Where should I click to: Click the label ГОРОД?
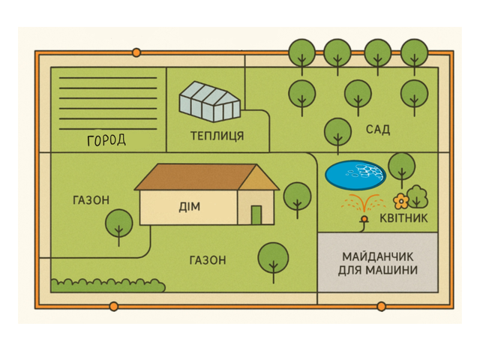click(106, 140)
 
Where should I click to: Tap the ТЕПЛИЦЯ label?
click(217, 136)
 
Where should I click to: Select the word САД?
click(378, 130)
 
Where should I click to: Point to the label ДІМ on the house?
click(190, 206)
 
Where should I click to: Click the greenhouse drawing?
click(209, 101)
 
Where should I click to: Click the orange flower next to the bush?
click(400, 201)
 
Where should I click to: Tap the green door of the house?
click(256, 214)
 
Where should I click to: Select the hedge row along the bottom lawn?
click(107, 285)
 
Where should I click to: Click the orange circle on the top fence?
click(136, 52)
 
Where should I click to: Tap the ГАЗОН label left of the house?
click(91, 200)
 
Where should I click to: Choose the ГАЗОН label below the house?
click(207, 260)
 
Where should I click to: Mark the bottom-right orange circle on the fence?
click(381, 306)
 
